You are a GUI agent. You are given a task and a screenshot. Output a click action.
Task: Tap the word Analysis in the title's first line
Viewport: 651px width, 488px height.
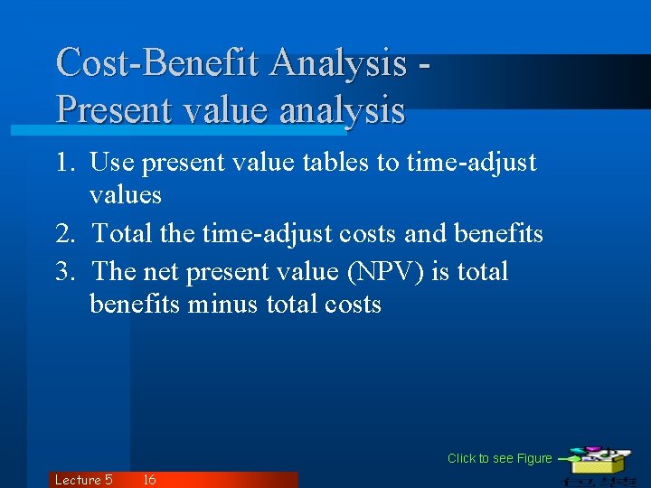337,62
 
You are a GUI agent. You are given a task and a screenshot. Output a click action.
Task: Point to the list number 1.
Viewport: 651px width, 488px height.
64,163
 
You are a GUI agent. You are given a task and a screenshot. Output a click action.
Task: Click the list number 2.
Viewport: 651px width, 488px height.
64,234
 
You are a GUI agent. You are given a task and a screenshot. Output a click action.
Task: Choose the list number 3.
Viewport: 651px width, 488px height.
64,271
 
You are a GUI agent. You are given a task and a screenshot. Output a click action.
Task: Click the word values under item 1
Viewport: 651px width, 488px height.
126,195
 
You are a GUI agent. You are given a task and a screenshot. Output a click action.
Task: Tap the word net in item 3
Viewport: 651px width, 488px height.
161,271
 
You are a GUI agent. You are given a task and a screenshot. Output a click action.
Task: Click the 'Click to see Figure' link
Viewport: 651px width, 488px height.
499,458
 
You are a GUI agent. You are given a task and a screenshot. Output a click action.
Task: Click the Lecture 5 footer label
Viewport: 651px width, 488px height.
83,480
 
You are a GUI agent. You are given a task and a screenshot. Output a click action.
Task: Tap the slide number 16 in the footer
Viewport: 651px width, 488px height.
149,480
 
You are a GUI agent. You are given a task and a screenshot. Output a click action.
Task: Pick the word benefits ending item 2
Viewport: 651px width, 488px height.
498,234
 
